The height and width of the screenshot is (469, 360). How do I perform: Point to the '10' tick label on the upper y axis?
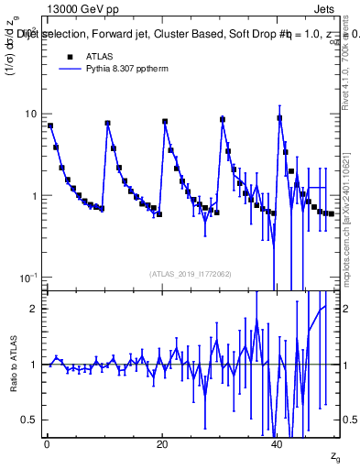click(x=29, y=114)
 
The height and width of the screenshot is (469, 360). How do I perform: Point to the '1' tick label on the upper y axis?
click(x=33, y=196)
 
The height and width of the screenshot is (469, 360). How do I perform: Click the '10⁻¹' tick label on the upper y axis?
click(x=27, y=278)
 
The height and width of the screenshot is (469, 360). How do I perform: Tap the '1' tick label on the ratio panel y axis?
click(x=33, y=365)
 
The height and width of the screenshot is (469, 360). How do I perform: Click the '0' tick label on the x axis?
click(x=47, y=443)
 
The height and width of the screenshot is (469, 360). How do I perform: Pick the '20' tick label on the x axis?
click(x=162, y=443)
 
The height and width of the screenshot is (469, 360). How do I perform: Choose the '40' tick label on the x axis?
click(x=278, y=443)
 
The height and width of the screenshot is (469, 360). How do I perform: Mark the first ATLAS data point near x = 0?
click(x=50, y=125)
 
